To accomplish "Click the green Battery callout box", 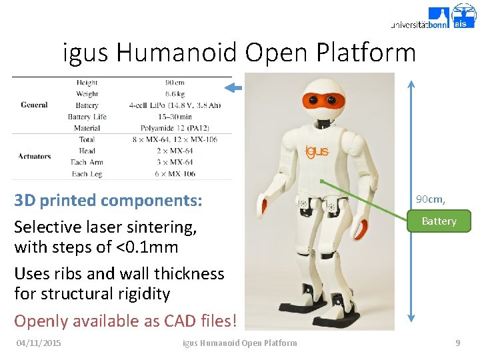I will click(x=439, y=221).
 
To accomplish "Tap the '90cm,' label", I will click(x=430, y=199).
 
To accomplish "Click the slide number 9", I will click(x=457, y=343).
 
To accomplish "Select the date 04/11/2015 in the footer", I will click(x=39, y=343).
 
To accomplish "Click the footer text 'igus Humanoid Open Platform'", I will click(x=240, y=343).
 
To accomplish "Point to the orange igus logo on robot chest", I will click(x=317, y=151).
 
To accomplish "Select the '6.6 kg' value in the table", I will click(x=175, y=94).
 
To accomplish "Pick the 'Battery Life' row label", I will click(x=87, y=117).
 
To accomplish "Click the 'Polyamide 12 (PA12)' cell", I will click(x=175, y=128).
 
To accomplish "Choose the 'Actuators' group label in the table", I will click(x=35, y=157).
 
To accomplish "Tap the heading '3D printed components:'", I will click(x=108, y=200).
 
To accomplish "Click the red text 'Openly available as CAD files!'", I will click(x=125, y=321).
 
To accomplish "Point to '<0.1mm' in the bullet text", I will click(x=147, y=247).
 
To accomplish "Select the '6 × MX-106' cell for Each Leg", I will click(x=175, y=174).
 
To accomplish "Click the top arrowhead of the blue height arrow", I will click(x=411, y=85).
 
